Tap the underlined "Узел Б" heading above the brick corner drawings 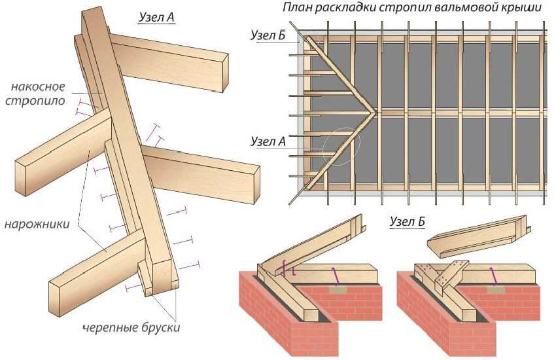tap(407, 222)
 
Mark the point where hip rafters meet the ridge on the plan tap(375, 112)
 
